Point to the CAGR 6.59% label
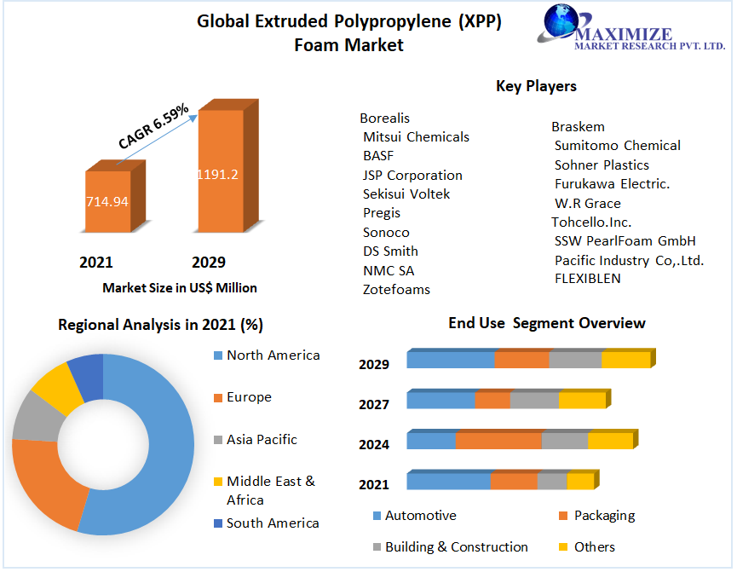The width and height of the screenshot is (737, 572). click(153, 129)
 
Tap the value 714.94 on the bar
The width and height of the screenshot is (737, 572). click(107, 202)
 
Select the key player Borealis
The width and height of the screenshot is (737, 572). click(384, 118)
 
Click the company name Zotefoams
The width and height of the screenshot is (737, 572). click(396, 289)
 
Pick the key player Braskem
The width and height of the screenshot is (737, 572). click(578, 126)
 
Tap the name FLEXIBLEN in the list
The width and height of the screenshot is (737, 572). click(587, 278)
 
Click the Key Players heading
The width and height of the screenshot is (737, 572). click(536, 86)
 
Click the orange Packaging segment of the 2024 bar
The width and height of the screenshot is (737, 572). click(498, 441)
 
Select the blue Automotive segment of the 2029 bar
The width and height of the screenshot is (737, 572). click(450, 360)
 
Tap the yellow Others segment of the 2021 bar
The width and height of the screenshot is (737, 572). click(579, 482)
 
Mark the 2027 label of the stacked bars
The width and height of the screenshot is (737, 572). click(374, 404)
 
